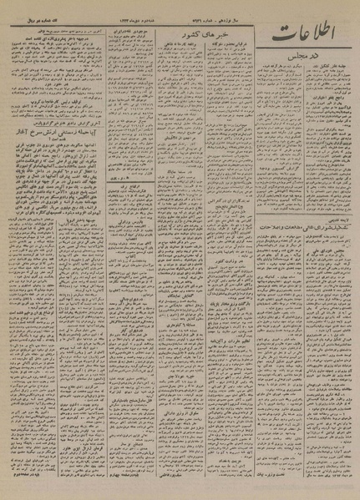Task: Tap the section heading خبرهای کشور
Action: point(202,42)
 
